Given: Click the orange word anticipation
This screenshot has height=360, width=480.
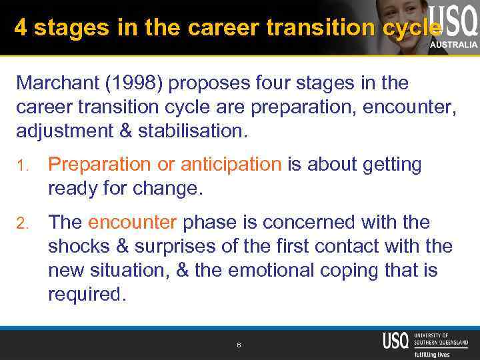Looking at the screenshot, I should tap(231, 165).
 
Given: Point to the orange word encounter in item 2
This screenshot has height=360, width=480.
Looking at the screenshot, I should tap(132, 222).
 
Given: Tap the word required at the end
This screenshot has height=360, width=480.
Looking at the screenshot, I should tap(87, 295).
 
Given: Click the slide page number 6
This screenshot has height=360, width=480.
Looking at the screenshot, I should tap(239, 345).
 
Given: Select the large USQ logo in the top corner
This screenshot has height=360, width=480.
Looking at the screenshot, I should tap(453, 20).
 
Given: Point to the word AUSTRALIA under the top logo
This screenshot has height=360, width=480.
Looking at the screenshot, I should tap(453, 45).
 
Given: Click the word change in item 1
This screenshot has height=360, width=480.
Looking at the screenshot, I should tap(169, 189).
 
